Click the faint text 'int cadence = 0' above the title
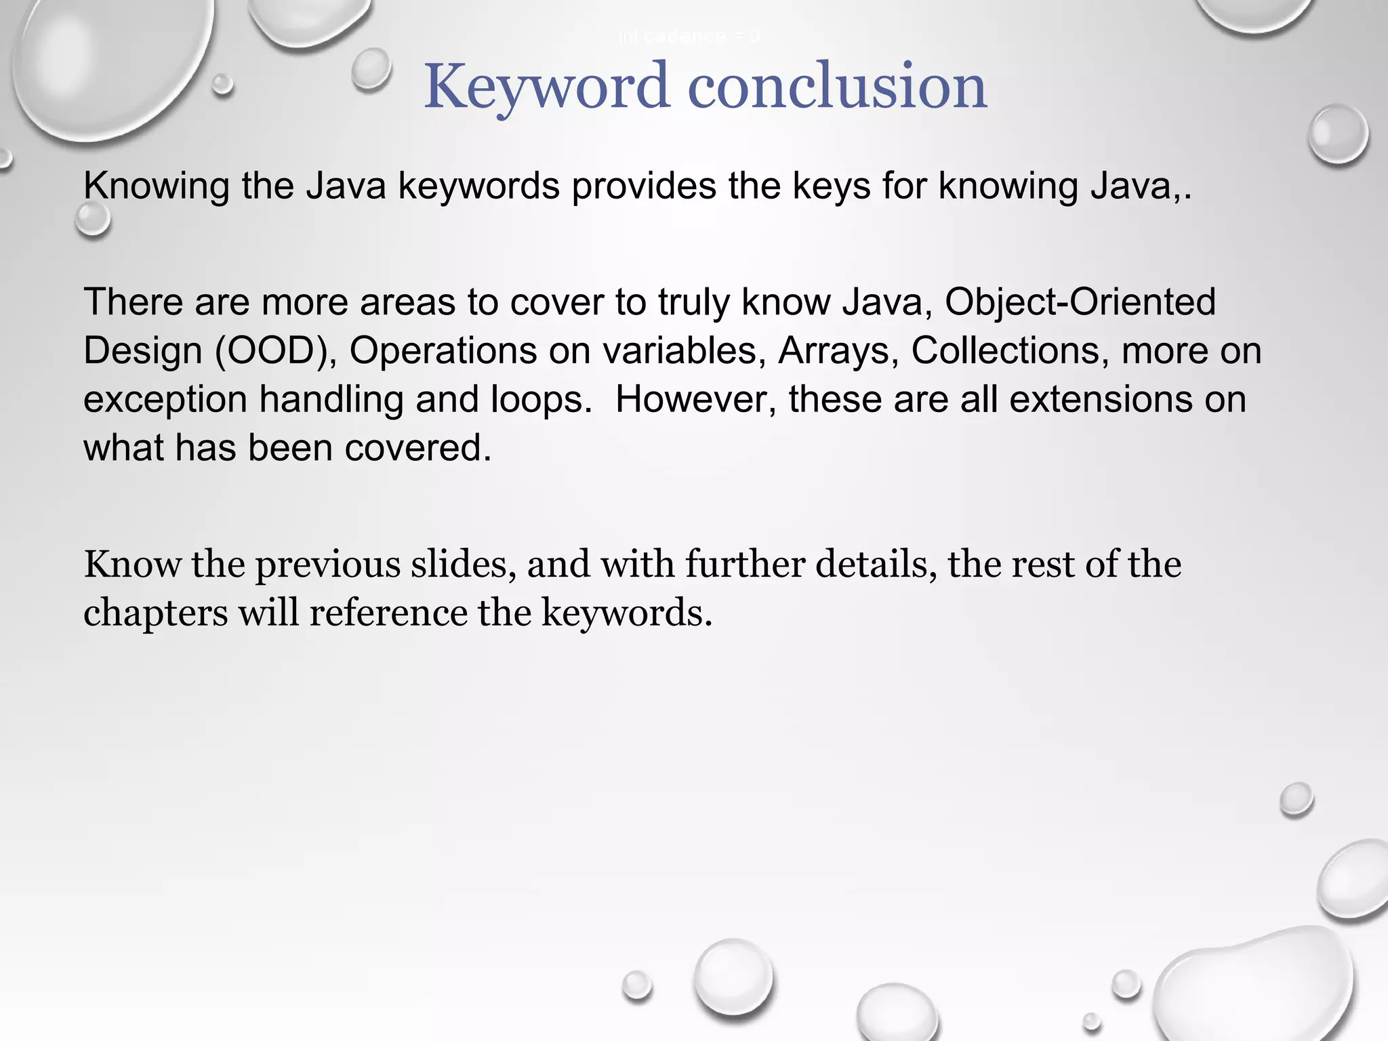[x=690, y=37]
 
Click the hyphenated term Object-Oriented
[x=1080, y=302]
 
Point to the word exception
[x=165, y=399]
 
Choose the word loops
[x=541, y=399]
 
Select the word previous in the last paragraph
[x=327, y=565]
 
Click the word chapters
[x=155, y=613]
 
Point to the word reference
[x=388, y=613]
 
